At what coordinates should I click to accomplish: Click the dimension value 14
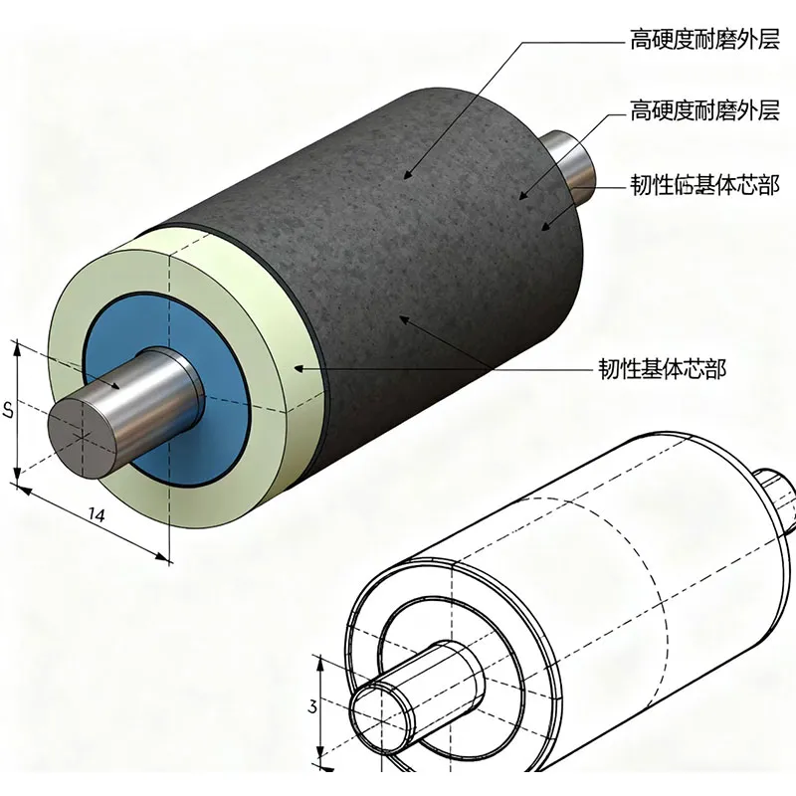(97, 513)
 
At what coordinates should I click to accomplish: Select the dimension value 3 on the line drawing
(312, 707)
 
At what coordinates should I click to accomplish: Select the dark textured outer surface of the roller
(418, 229)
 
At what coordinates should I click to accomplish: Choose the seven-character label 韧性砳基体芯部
(703, 185)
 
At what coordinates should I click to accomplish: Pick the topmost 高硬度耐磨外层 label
(703, 40)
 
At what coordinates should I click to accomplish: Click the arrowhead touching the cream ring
(297, 368)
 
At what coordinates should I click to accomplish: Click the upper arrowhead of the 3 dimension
(318, 661)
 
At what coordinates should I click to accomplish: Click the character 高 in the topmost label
(641, 40)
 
